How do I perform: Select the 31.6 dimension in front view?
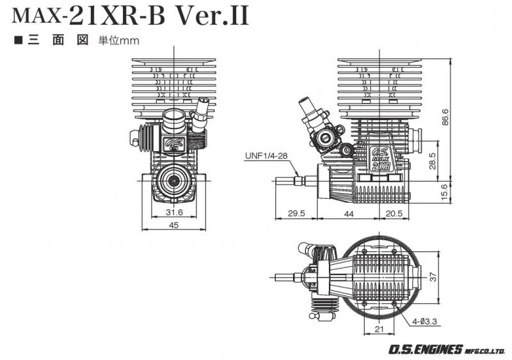click(x=173, y=212)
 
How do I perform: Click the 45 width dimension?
click(x=173, y=225)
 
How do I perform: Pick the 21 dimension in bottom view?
click(x=378, y=329)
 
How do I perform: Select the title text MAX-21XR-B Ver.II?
click(x=131, y=16)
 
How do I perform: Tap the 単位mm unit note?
click(x=118, y=40)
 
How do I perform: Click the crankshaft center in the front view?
click(x=173, y=182)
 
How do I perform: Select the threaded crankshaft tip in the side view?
click(x=298, y=181)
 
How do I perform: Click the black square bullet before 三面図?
click(x=18, y=40)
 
